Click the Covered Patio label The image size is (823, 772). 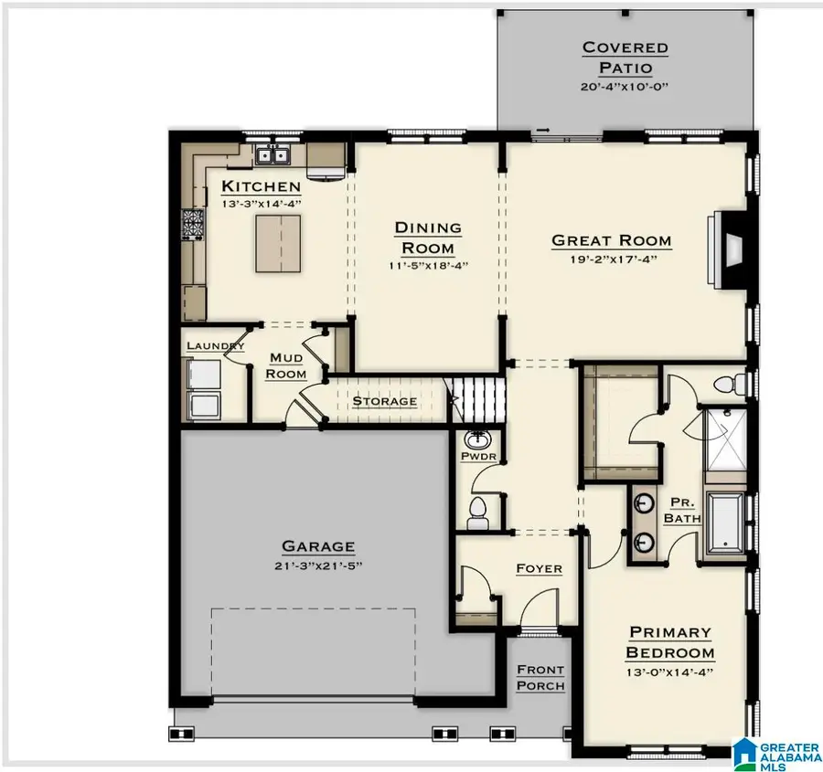click(625, 57)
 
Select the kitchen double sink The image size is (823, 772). click(272, 155)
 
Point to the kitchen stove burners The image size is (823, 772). click(195, 225)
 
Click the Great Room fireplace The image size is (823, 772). click(731, 243)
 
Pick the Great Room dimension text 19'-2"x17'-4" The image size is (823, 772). click(611, 259)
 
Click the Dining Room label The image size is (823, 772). click(427, 238)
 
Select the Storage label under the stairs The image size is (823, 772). click(385, 401)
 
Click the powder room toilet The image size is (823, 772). click(476, 513)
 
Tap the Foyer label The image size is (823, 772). click(539, 568)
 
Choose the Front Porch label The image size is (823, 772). click(540, 678)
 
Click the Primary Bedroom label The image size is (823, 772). click(669, 642)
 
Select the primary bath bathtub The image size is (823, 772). click(729, 527)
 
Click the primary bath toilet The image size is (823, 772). click(731, 382)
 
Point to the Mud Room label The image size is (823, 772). click(286, 366)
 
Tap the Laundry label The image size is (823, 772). click(215, 346)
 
